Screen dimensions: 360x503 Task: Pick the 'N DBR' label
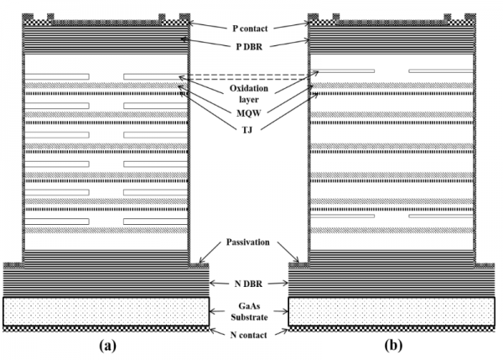pyautogui.click(x=249, y=285)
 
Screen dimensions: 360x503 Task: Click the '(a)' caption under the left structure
pyautogui.click(x=106, y=345)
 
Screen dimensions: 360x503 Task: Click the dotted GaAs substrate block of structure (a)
pyautogui.click(x=106, y=310)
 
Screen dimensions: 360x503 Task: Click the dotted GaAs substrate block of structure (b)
pyautogui.click(x=394, y=310)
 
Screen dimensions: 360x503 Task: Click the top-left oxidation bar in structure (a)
pyautogui.click(x=58, y=77)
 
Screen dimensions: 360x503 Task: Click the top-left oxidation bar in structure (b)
pyautogui.click(x=344, y=70)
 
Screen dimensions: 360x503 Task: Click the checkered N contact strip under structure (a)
pyautogui.click(x=106, y=329)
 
